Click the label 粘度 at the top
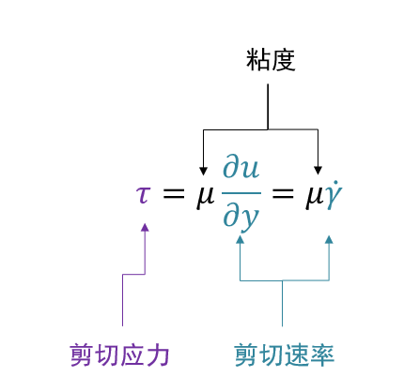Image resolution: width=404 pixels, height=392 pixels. [271, 60]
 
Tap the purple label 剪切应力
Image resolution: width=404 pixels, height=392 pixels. [119, 355]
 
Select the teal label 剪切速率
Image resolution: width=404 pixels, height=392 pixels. [285, 355]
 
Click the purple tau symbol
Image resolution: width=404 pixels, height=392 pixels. [144, 195]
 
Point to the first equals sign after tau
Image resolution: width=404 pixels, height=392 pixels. [173, 194]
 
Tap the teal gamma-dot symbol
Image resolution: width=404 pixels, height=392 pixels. [334, 195]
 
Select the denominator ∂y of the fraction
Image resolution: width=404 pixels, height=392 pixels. [241, 217]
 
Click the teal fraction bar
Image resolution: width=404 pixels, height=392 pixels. [241, 193]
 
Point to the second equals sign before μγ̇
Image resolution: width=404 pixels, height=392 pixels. [283, 194]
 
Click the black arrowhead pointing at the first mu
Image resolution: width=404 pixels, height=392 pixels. [203, 171]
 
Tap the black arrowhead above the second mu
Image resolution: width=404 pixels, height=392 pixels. [318, 171]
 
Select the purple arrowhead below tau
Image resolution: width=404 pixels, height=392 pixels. [145, 227]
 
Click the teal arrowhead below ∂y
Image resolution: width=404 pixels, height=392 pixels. [240, 239]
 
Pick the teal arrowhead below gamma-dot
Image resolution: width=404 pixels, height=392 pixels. [329, 239]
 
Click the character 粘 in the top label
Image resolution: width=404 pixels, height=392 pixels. [258, 60]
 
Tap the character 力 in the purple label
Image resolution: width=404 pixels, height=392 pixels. [158, 355]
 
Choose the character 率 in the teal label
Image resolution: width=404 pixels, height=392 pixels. [322, 355]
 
